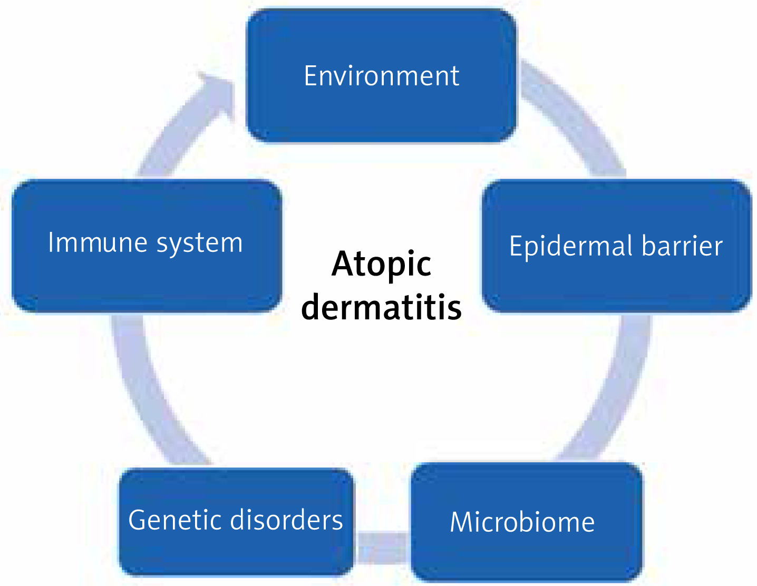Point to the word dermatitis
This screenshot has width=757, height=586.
pos(381,307)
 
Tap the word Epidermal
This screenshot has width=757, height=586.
pos(570,247)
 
